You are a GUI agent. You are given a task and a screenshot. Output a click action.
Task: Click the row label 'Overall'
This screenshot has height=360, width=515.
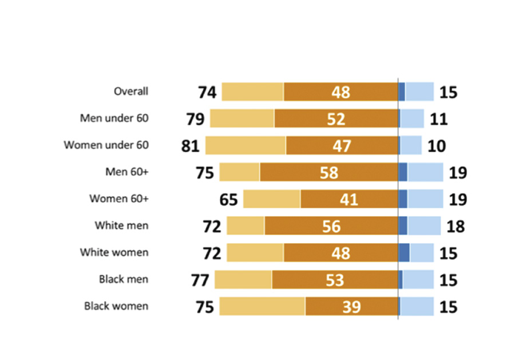(130, 92)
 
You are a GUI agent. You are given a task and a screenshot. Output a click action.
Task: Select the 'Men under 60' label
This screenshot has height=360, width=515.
(114, 118)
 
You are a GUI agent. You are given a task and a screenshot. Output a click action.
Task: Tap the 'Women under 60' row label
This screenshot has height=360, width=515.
(106, 145)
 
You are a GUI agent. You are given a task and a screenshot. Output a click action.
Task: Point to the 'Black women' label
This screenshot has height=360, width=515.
(116, 306)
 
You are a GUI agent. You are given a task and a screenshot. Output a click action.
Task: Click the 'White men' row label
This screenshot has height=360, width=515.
(121, 226)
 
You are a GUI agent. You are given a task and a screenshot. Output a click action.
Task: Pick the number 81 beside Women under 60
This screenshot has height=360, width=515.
(191, 146)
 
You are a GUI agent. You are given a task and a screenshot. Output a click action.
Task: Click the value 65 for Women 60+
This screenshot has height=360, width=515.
(228, 199)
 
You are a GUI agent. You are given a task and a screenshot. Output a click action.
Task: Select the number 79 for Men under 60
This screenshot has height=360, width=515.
(195, 119)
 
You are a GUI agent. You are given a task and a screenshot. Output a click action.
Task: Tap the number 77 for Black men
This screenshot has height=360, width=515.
(200, 280)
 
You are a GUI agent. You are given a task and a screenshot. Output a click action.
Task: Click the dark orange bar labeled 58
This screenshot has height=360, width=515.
(328, 172)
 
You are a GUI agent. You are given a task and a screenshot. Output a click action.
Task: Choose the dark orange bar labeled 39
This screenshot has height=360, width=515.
(351, 306)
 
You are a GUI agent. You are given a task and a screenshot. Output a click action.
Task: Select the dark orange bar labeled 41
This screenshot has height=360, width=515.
(349, 199)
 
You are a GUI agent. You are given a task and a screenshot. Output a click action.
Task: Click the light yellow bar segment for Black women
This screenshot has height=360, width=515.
(262, 306)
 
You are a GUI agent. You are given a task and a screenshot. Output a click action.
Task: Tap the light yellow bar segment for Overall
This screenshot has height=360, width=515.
(252, 92)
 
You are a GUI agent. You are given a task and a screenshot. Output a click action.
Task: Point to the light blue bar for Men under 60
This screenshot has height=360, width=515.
(412, 118)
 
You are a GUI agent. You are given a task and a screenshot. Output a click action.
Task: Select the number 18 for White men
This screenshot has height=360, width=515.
(455, 226)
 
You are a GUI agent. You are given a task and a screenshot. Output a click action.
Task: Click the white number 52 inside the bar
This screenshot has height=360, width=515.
(336, 118)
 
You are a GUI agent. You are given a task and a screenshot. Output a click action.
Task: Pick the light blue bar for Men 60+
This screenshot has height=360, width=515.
(425, 172)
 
